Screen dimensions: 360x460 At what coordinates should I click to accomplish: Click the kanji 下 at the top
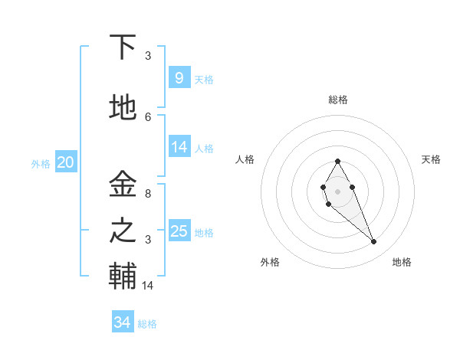123,47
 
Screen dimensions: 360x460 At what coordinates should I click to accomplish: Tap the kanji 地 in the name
123,108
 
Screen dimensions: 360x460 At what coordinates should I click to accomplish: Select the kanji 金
123,185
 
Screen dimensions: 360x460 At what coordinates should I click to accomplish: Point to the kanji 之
123,230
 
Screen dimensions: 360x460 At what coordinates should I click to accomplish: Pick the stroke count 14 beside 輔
148,286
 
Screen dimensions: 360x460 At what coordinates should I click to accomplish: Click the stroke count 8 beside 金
148,194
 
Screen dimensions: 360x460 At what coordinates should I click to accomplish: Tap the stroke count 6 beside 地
148,116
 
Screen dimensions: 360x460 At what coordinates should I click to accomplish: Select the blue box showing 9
179,77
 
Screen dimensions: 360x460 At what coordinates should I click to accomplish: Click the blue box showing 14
179,147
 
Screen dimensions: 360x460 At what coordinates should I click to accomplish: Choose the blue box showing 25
179,231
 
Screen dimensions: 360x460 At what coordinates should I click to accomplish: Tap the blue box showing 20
65,162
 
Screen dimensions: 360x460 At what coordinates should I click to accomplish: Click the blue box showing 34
122,322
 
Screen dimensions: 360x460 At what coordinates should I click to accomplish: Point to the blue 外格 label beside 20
41,163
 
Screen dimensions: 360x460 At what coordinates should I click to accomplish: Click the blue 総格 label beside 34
148,324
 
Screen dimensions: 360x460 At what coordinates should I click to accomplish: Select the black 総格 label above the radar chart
337,100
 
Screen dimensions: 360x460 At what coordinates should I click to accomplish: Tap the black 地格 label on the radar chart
402,262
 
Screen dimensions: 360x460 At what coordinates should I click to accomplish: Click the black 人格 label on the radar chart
245,159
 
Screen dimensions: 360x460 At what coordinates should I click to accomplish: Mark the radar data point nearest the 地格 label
373,242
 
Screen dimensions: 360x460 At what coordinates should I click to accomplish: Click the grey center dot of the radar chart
337,190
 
